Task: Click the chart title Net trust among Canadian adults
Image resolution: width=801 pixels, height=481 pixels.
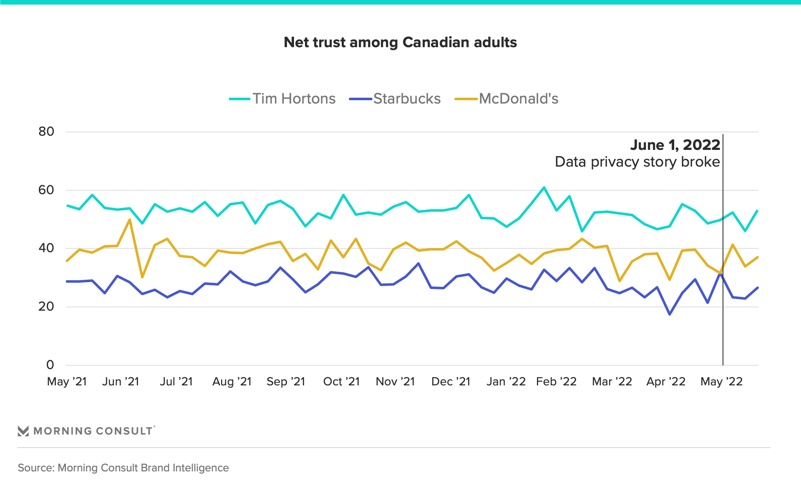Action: (400, 42)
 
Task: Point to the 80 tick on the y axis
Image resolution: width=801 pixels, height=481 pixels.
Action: (46, 132)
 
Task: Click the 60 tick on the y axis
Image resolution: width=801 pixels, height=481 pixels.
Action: (46, 190)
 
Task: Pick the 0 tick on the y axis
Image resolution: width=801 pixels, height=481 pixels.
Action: (50, 365)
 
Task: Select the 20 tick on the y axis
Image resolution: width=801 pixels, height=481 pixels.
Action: (46, 306)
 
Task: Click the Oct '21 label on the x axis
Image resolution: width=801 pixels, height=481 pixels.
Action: (341, 382)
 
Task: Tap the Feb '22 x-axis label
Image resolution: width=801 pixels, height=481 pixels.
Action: (556, 382)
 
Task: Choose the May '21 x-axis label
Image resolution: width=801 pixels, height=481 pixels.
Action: (67, 382)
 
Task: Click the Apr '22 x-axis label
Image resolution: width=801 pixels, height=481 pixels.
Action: (666, 382)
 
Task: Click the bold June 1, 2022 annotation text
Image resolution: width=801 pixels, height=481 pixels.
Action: (675, 145)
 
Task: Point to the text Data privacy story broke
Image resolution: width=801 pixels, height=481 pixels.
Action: (637, 162)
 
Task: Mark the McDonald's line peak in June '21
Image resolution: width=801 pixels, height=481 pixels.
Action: (130, 220)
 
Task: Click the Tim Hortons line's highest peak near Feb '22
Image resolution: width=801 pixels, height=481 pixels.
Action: (544, 187)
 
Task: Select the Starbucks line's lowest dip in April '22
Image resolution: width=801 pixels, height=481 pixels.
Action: (670, 314)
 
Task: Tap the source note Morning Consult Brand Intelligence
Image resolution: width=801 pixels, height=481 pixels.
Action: (123, 468)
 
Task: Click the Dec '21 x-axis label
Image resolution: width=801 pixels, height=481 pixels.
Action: (451, 382)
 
